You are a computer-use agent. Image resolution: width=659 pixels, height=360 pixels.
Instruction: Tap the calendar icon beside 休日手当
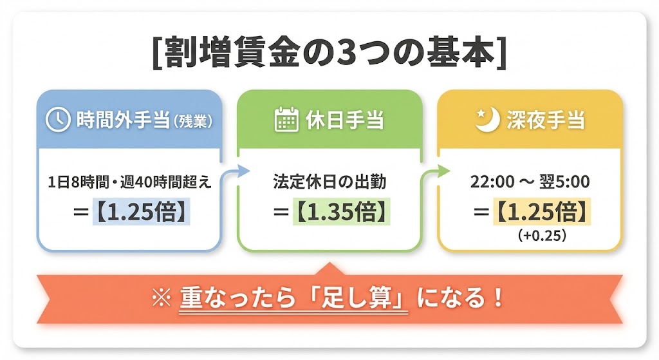[x=285, y=120]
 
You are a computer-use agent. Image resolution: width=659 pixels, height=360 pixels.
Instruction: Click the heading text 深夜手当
[x=548, y=120]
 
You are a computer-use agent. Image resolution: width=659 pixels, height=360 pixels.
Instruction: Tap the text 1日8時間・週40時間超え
[x=129, y=182]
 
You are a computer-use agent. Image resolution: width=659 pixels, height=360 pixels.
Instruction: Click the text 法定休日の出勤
[x=329, y=182]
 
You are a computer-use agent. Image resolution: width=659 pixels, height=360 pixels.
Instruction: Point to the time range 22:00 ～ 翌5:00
[x=530, y=182]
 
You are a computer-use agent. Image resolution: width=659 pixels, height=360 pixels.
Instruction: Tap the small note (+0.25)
[x=541, y=236]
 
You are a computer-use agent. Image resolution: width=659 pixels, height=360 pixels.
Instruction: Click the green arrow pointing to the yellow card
[x=437, y=171]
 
